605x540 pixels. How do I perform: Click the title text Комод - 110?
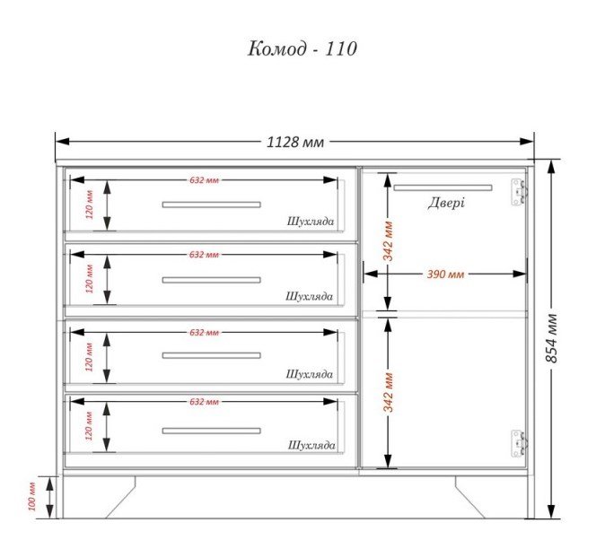(x=302, y=49)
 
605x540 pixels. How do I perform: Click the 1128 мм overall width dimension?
(x=295, y=143)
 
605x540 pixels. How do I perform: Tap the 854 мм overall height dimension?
(x=552, y=338)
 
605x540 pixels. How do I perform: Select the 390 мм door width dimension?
(x=445, y=274)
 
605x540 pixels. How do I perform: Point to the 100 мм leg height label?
(x=31, y=496)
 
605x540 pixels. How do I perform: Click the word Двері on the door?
(x=446, y=203)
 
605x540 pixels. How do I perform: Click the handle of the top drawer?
(x=212, y=205)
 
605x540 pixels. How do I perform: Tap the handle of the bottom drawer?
(x=212, y=431)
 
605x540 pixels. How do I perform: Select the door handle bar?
(x=443, y=187)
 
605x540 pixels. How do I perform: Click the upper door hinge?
(x=518, y=192)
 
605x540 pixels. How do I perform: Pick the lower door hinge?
(x=518, y=443)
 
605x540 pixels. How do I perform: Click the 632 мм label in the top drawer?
(x=204, y=180)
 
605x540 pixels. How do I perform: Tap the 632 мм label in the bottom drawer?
(x=204, y=402)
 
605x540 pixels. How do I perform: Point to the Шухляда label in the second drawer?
(x=309, y=296)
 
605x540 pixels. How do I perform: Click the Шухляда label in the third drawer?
(x=310, y=374)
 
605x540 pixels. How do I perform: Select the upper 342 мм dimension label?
(x=388, y=241)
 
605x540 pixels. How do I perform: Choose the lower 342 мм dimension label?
(x=388, y=392)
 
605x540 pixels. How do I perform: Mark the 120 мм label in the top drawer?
(x=89, y=205)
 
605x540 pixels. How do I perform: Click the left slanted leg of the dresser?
(x=121, y=497)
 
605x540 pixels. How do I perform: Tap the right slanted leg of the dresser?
(x=470, y=497)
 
